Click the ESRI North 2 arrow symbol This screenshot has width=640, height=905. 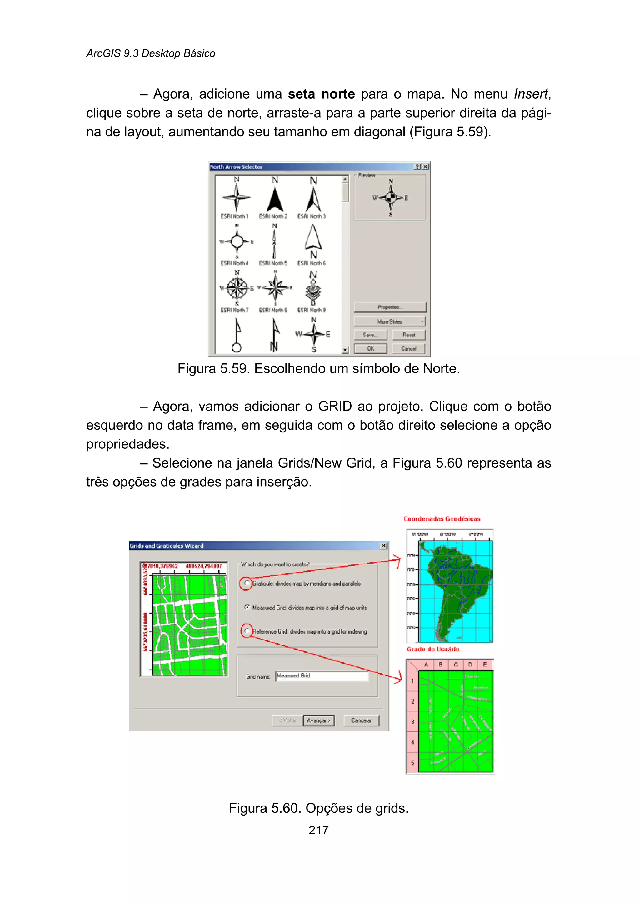tap(275, 199)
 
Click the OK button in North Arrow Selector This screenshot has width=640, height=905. tap(370, 349)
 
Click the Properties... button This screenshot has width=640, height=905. tap(390, 307)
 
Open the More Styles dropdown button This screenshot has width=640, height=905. tap(390, 321)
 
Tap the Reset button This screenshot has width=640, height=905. tap(409, 335)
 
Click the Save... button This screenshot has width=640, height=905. tap(370, 335)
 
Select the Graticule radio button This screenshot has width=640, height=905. tap(247, 583)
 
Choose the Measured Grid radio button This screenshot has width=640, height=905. tap(247, 607)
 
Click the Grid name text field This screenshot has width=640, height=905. tap(322, 676)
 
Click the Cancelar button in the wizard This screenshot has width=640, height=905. tap(361, 720)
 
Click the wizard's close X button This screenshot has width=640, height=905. tap(383, 546)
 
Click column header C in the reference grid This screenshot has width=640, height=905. tap(456, 665)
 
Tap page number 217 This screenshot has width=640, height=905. tap(318, 830)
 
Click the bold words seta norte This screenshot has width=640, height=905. tap(321, 94)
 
